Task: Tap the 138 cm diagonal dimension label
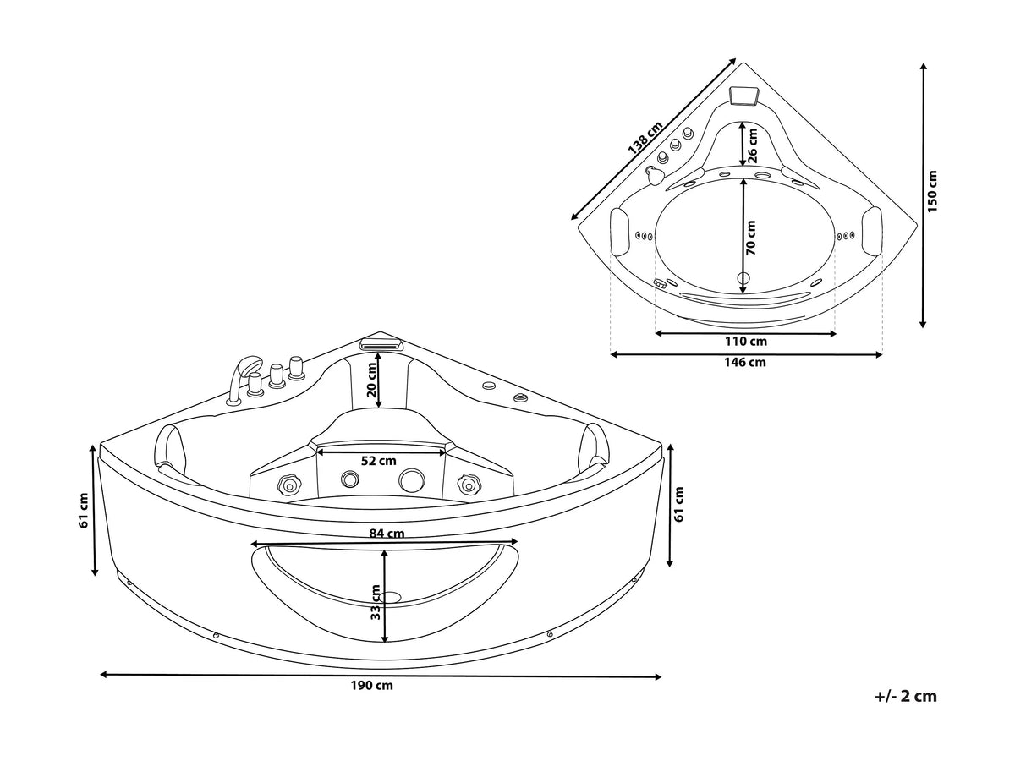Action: [645, 137]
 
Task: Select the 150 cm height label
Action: [932, 191]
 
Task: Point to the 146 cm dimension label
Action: [744, 362]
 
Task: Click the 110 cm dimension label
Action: [745, 342]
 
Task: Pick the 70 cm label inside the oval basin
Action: [750, 238]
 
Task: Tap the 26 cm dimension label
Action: [752, 145]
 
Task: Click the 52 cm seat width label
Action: [378, 461]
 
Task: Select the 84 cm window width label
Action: [387, 534]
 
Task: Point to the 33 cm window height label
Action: [376, 602]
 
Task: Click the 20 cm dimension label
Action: [371, 380]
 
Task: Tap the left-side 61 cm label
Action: [83, 511]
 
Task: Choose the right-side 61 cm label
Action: [679, 504]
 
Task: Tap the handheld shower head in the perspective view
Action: [244, 379]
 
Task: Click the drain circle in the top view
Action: [743, 277]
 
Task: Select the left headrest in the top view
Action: [620, 231]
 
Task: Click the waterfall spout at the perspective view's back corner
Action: [381, 344]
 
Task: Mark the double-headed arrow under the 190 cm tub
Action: [381, 676]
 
